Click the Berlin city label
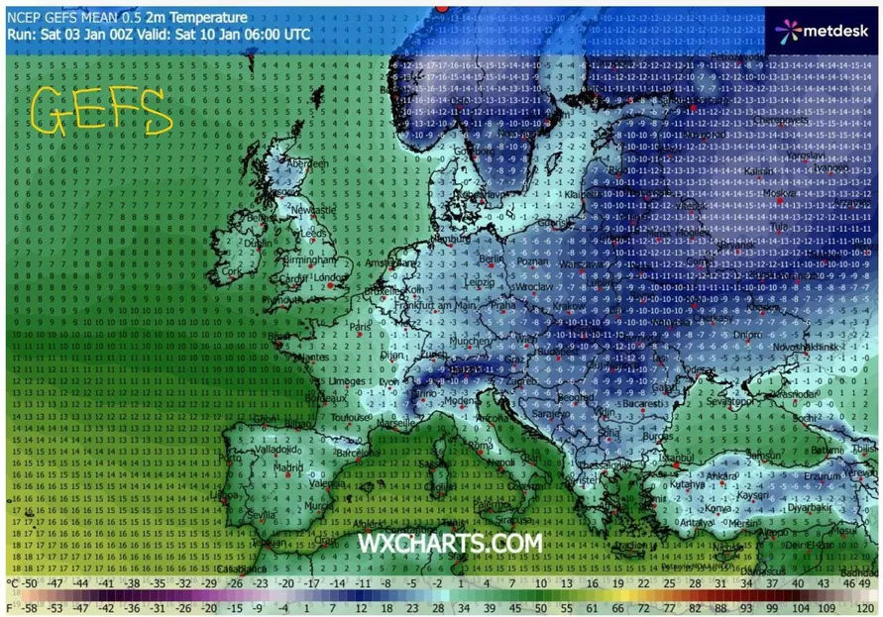tap(493, 258)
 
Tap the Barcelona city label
tap(359, 454)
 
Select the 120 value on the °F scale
tap(868, 606)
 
